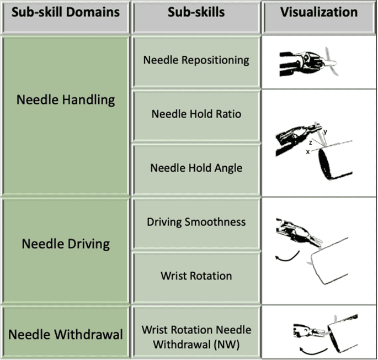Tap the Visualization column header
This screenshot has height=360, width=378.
click(318, 12)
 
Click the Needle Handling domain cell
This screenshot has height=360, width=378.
click(65, 100)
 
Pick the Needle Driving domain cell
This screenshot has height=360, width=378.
click(65, 243)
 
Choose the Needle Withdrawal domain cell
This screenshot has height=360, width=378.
click(65, 334)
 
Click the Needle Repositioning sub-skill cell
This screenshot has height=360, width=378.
click(196, 60)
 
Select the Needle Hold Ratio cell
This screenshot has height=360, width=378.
click(196, 114)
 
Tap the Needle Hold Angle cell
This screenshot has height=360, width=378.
click(196, 168)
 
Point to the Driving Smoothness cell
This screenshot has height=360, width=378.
click(196, 222)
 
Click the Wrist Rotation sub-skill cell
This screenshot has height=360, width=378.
click(196, 275)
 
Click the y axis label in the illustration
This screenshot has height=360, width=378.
click(326, 131)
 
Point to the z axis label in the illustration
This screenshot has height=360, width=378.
click(311, 142)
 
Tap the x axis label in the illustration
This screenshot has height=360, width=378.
click(307, 151)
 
